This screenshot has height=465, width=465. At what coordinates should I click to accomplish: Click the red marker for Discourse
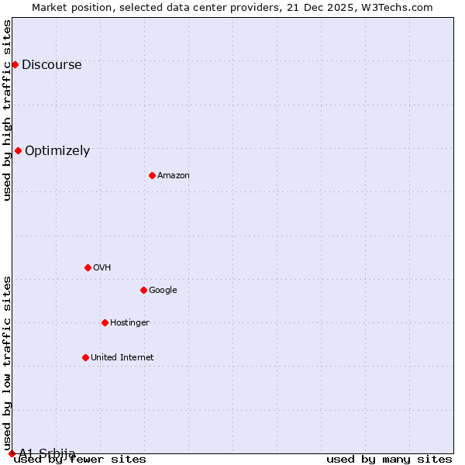[x=15, y=64]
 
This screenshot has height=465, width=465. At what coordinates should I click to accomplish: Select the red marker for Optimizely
[x=18, y=150]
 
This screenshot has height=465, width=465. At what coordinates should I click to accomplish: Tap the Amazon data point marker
[x=152, y=175]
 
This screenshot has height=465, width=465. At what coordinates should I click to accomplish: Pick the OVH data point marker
[x=88, y=267]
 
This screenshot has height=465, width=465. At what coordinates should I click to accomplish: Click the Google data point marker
[x=143, y=290]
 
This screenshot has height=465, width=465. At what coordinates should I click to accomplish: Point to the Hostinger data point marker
[x=105, y=322]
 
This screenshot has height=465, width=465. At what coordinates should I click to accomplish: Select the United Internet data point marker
[x=85, y=357]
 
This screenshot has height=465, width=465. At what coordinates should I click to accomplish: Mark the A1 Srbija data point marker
[x=12, y=453]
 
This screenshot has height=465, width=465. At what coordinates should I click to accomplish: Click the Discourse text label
[x=51, y=65]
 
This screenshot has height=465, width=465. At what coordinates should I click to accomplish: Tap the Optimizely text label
[x=57, y=151]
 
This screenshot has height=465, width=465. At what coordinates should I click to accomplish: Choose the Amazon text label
[x=174, y=176]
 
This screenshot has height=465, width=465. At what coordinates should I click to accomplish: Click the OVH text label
[x=102, y=268]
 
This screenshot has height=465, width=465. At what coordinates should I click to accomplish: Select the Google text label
[x=163, y=291]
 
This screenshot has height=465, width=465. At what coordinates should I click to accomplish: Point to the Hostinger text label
[x=129, y=323]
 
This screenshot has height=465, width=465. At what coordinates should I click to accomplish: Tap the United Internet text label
[x=122, y=358]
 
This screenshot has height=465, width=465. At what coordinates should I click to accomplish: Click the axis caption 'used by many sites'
[x=389, y=460]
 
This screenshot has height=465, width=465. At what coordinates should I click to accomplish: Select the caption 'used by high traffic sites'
[x=8, y=110]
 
